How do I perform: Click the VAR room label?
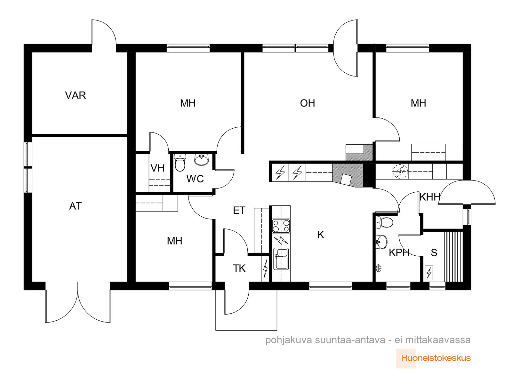click(75, 95)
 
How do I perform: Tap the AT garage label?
click(75, 206)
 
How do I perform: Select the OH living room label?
click(307, 103)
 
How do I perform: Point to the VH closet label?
click(157, 168)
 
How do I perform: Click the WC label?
click(195, 179)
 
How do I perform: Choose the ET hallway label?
click(239, 211)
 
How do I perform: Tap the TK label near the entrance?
click(239, 268)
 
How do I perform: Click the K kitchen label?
click(321, 235)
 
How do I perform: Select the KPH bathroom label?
click(399, 253)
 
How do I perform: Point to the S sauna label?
click(434, 253)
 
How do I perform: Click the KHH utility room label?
click(430, 197)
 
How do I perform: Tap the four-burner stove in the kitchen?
click(281, 226)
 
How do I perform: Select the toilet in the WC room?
click(180, 162)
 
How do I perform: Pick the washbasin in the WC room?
click(202, 160)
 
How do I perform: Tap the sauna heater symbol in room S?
click(429, 273)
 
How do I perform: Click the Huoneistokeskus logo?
click(436, 358)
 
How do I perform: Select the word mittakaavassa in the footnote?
click(438, 340)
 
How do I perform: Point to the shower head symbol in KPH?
click(379, 268)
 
